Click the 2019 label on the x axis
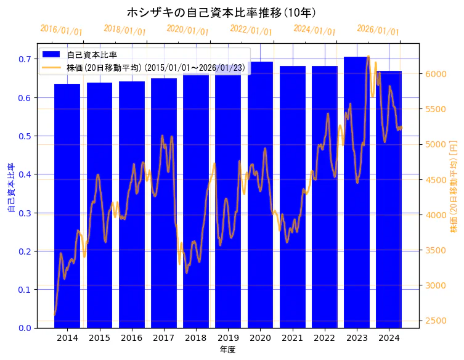point(228,338)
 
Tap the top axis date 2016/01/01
point(61,30)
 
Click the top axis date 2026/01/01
point(378,30)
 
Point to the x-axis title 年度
point(227,350)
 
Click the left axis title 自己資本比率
point(10,188)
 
